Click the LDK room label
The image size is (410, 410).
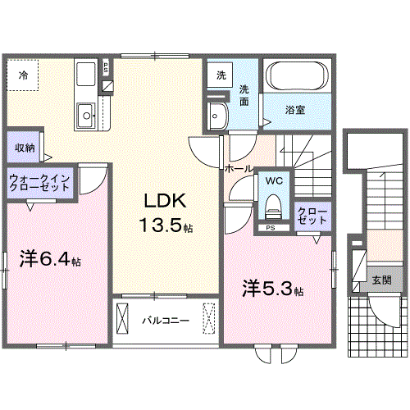tap(167, 201)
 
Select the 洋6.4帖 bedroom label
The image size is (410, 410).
tap(50, 260)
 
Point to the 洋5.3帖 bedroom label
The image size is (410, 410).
tap(273, 289)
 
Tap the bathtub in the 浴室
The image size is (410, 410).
tap(299, 78)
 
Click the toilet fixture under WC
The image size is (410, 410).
tap(272, 205)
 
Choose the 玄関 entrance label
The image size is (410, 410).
tap(380, 280)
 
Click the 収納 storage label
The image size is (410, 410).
tap(24, 148)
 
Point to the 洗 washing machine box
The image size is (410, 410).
tap(221, 75)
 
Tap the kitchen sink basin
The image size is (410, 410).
tap(84, 114)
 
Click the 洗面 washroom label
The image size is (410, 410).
tap(245, 96)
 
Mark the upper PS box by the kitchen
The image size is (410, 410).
tap(106, 68)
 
